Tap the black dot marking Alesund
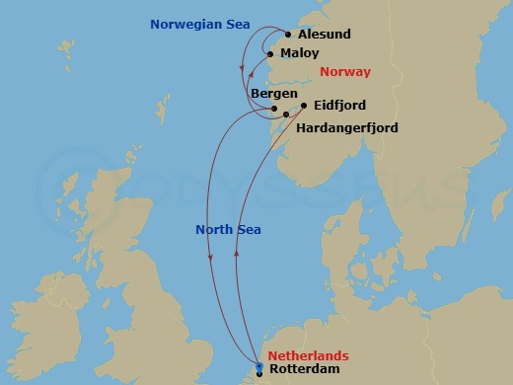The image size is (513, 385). [x=288, y=34]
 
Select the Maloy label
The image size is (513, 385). [x=299, y=53]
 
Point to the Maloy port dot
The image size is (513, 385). [x=269, y=53]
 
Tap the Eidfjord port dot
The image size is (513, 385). [x=304, y=105]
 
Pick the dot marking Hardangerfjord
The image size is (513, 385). [x=286, y=115]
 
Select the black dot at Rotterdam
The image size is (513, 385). [x=259, y=374]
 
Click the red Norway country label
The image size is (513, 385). [x=345, y=72]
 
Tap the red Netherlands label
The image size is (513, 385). [x=308, y=355]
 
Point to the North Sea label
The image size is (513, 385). [x=228, y=229]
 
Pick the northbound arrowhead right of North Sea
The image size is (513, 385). [x=237, y=252]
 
